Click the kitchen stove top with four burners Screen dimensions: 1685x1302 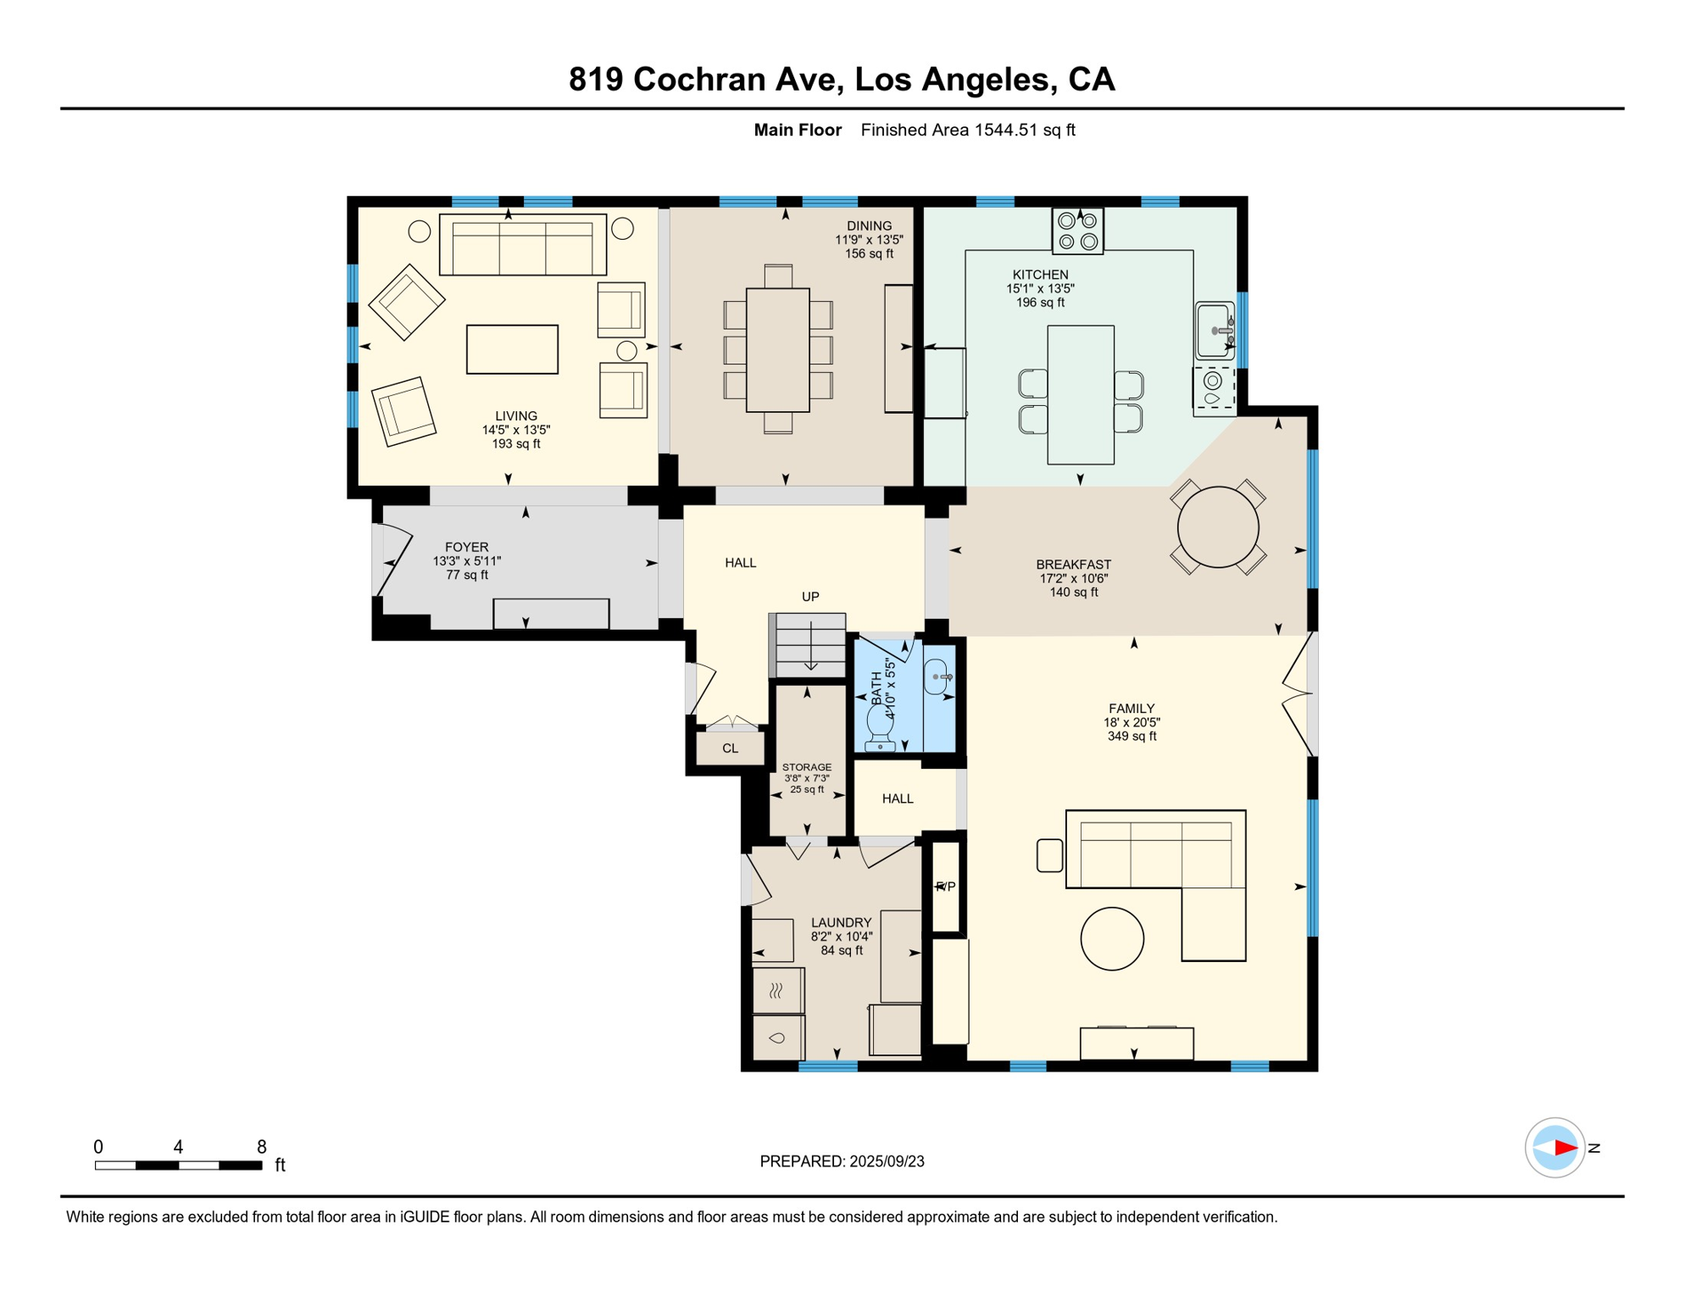click(1077, 231)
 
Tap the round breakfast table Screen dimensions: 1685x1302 click(1218, 527)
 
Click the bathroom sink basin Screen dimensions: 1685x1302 click(937, 676)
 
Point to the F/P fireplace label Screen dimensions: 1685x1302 click(945, 887)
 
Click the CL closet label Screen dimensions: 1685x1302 click(730, 748)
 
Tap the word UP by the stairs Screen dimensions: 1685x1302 click(810, 597)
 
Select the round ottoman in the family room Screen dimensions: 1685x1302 click(1112, 938)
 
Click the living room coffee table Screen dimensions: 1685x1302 click(512, 349)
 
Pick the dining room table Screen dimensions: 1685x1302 click(777, 350)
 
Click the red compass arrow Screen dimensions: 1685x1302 click(1565, 1148)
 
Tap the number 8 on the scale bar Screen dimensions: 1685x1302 click(262, 1147)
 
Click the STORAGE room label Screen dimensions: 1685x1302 click(807, 767)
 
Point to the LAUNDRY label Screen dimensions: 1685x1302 click(841, 922)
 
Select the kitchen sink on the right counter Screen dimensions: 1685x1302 click(1215, 330)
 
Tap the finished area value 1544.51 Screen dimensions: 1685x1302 click(1006, 130)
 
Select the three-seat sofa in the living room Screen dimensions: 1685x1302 click(522, 244)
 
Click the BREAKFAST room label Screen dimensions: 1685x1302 click(1073, 565)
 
